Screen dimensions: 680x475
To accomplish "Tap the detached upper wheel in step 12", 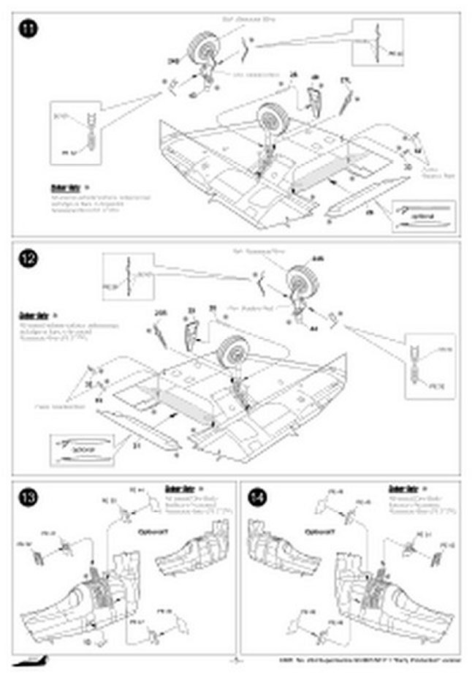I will (x=300, y=281).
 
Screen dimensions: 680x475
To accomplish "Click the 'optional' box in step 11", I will (x=423, y=216).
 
